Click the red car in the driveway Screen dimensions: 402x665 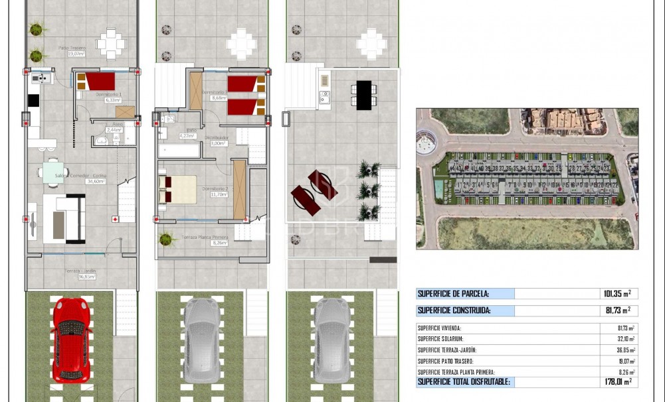click(x=70, y=340)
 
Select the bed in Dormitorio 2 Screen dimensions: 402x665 click(x=177, y=188)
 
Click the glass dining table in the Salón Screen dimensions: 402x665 click(x=52, y=172)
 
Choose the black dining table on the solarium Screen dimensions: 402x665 click(x=363, y=94)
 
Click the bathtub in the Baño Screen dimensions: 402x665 click(x=179, y=150)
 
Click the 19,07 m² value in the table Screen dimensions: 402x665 click(x=626, y=362)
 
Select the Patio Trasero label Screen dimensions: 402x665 click(x=71, y=48)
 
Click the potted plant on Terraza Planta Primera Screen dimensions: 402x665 click(x=165, y=238)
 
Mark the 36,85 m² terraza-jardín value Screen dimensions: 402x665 click(x=626, y=350)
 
